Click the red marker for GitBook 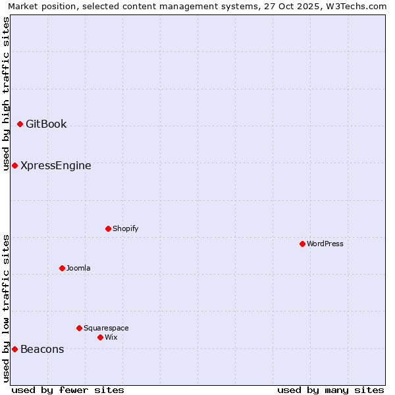coord(20,124)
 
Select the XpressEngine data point coord(14,165)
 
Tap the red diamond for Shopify coord(108,228)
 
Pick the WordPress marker coord(302,244)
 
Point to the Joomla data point coord(62,268)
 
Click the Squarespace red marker coord(79,328)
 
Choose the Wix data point coord(100,337)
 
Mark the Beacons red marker coord(14,349)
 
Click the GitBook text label coord(46,124)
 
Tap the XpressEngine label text coord(56,165)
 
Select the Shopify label coord(125,228)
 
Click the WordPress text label coord(325,244)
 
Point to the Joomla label coord(78,268)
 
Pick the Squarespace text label coord(106,328)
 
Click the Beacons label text coord(42,349)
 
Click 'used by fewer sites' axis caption coord(68,390)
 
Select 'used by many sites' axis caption coord(330,390)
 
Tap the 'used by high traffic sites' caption coord(6,93)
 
